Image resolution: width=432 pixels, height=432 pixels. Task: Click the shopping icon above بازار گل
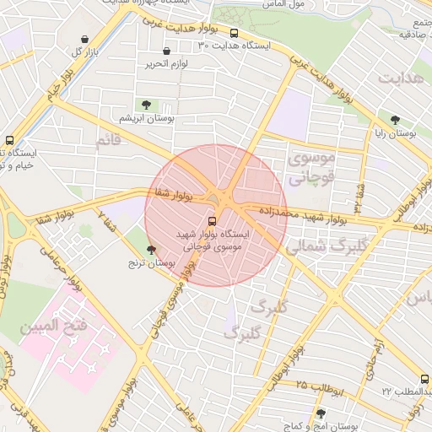point(84,39)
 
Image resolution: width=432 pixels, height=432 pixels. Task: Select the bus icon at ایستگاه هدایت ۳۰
point(234,34)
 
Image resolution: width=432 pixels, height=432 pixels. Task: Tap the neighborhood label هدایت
point(400,78)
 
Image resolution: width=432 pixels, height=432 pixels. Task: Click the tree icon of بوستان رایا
point(395,119)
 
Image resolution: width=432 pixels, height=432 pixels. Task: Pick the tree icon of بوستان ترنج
point(152,250)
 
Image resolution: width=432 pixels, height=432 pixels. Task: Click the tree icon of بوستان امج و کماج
point(320,413)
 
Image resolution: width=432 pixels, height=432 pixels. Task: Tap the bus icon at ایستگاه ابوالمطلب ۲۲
point(424,380)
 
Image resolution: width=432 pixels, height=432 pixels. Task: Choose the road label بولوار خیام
point(51,84)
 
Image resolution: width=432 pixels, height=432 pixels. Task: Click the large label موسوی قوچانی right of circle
point(310,168)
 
